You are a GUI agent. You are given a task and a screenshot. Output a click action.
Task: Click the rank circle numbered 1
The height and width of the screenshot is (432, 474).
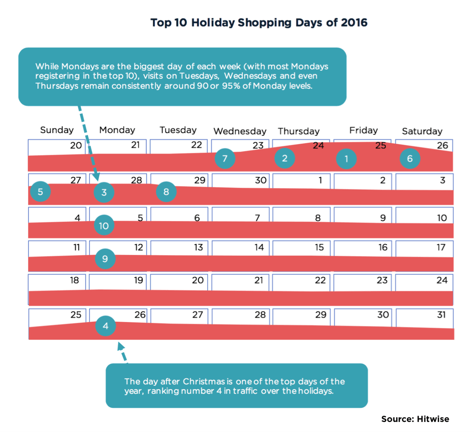[x=346, y=159]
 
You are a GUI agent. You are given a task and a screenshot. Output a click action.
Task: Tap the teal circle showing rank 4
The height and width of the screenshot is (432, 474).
[x=106, y=326]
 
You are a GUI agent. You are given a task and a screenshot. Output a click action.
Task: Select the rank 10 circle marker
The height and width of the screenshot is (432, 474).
[x=104, y=226]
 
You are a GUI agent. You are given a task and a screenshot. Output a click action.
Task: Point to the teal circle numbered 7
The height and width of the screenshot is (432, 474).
[x=225, y=158]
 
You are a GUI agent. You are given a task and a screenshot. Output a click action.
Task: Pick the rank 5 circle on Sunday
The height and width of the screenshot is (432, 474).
[x=40, y=191]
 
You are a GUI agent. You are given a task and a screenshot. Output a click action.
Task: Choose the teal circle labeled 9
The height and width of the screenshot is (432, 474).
[x=105, y=259]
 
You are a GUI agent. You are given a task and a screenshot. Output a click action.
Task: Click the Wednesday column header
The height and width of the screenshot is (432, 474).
[x=240, y=131]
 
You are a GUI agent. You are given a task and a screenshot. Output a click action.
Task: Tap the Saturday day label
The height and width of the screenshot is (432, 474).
[x=422, y=131]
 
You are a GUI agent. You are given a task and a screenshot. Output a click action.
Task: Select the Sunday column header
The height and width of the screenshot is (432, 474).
[x=57, y=130]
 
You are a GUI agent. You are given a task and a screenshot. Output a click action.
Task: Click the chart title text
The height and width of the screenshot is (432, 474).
[x=259, y=22]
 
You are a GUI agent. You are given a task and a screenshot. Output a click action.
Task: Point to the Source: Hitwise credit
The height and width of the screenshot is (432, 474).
[x=415, y=419]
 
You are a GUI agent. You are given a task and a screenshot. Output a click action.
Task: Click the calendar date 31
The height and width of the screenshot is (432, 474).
[x=441, y=314]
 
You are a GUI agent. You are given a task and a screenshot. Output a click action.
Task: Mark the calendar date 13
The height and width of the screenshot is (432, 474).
[x=198, y=247]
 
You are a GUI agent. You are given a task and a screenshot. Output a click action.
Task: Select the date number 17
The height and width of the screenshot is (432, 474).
[x=441, y=247]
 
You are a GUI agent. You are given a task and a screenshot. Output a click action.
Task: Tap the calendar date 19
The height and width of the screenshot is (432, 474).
[x=138, y=280]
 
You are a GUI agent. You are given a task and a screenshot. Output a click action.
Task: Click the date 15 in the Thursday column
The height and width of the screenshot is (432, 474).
[x=319, y=247]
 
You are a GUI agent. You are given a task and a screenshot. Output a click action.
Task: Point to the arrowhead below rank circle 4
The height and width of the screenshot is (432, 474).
[x=120, y=346]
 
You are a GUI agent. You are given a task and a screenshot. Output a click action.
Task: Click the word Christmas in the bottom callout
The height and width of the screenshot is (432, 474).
[x=204, y=382]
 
